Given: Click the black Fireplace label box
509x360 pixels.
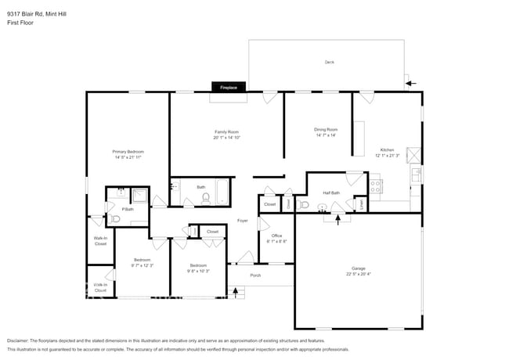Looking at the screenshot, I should pyautogui.click(x=228, y=87).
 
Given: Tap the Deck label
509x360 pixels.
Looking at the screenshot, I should pyautogui.click(x=329, y=62).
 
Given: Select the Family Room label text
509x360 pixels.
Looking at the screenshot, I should pyautogui.click(x=227, y=131).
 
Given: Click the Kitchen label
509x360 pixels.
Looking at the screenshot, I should pyautogui.click(x=387, y=149).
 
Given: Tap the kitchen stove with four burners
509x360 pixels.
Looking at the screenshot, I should pyautogui.click(x=376, y=186).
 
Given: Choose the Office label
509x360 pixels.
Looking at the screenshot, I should pyautogui.click(x=276, y=236).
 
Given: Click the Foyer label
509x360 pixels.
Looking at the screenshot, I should pyautogui.click(x=243, y=221).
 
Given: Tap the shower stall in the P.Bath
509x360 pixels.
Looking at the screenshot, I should pyautogui.click(x=139, y=196).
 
